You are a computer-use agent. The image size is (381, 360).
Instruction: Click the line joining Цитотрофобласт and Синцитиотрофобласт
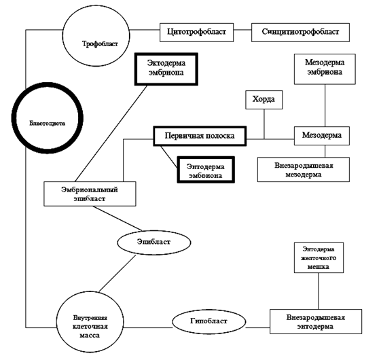242,30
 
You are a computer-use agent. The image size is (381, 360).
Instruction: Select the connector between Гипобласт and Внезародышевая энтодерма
258,327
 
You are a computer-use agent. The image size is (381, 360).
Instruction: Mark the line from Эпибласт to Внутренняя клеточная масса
117,273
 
